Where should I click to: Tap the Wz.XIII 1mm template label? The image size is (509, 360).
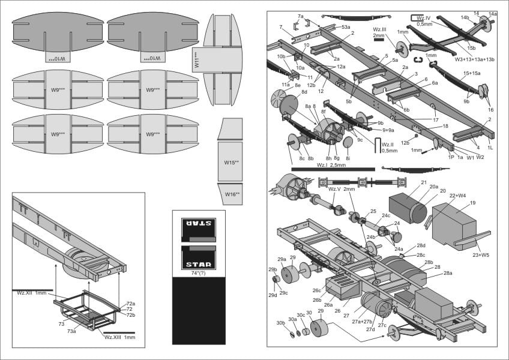[120, 337]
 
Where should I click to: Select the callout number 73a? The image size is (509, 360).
[71, 331]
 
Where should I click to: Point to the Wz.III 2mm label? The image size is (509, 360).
[379, 32]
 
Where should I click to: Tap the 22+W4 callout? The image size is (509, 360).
[458, 195]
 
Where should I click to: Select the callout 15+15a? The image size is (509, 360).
[472, 73]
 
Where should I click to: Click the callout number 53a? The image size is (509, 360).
[346, 27]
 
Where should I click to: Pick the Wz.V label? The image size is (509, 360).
[334, 189]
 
